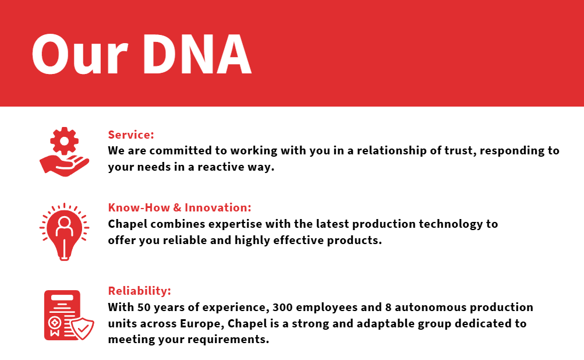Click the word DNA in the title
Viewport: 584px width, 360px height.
click(197, 54)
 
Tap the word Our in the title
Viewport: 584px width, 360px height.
click(80, 54)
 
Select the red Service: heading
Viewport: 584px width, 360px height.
click(131, 135)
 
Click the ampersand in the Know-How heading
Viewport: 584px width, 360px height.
click(177, 207)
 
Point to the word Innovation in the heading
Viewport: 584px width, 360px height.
click(218, 207)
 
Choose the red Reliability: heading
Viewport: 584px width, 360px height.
click(139, 291)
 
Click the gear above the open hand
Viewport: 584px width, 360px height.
click(65, 141)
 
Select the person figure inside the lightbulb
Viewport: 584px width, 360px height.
click(65, 227)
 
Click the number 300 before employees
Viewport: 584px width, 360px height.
click(282, 308)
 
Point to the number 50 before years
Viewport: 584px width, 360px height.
click(144, 308)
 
